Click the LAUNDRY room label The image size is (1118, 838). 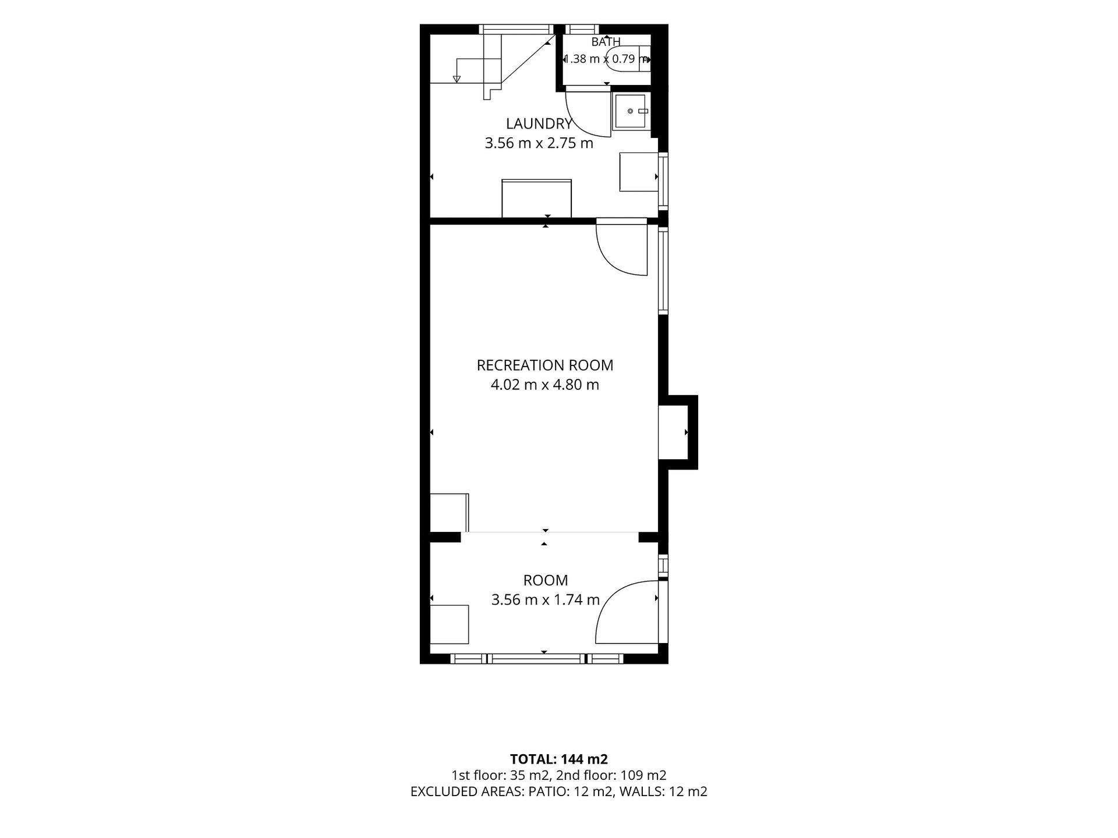pyautogui.click(x=539, y=123)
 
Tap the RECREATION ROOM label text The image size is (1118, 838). pyautogui.click(x=545, y=365)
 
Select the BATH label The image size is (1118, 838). pyautogui.click(x=606, y=42)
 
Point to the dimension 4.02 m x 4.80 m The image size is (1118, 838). pyautogui.click(x=545, y=385)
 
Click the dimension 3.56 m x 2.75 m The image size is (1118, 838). pyautogui.click(x=539, y=143)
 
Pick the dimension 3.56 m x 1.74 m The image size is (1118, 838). pyautogui.click(x=546, y=599)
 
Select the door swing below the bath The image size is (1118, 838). pyautogui.click(x=588, y=114)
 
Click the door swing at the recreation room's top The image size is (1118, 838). pyautogui.click(x=622, y=249)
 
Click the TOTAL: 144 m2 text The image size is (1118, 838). pyautogui.click(x=559, y=759)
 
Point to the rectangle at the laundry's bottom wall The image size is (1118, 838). pyautogui.click(x=536, y=198)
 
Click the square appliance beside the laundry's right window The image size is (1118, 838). pyautogui.click(x=639, y=172)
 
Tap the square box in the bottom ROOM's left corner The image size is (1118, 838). pyautogui.click(x=449, y=624)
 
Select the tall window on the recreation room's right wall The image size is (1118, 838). pyautogui.click(x=663, y=271)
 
